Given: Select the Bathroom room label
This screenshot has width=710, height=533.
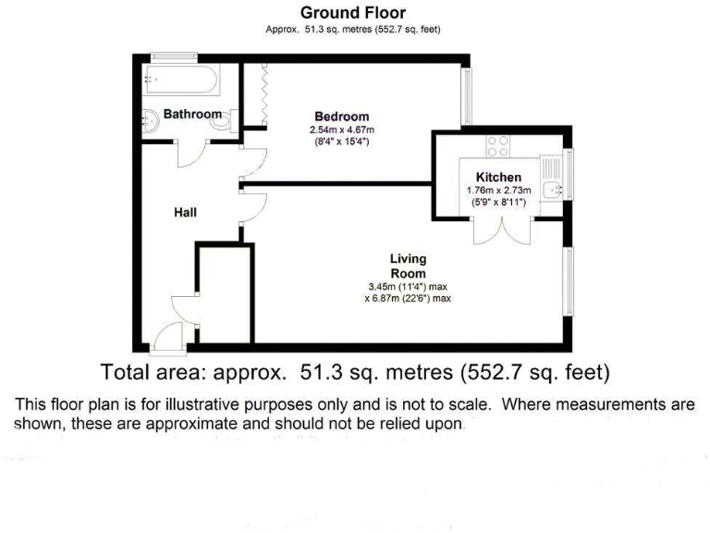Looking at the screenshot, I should tap(192, 115).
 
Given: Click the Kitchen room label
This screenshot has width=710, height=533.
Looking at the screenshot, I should tap(498, 177).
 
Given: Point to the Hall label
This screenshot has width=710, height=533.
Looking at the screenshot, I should tap(185, 213).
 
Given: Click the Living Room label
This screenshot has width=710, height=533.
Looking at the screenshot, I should tap(408, 266).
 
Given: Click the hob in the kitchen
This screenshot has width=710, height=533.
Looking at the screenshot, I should tap(498, 146).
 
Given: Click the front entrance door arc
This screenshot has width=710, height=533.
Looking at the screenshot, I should tap(169, 341).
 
